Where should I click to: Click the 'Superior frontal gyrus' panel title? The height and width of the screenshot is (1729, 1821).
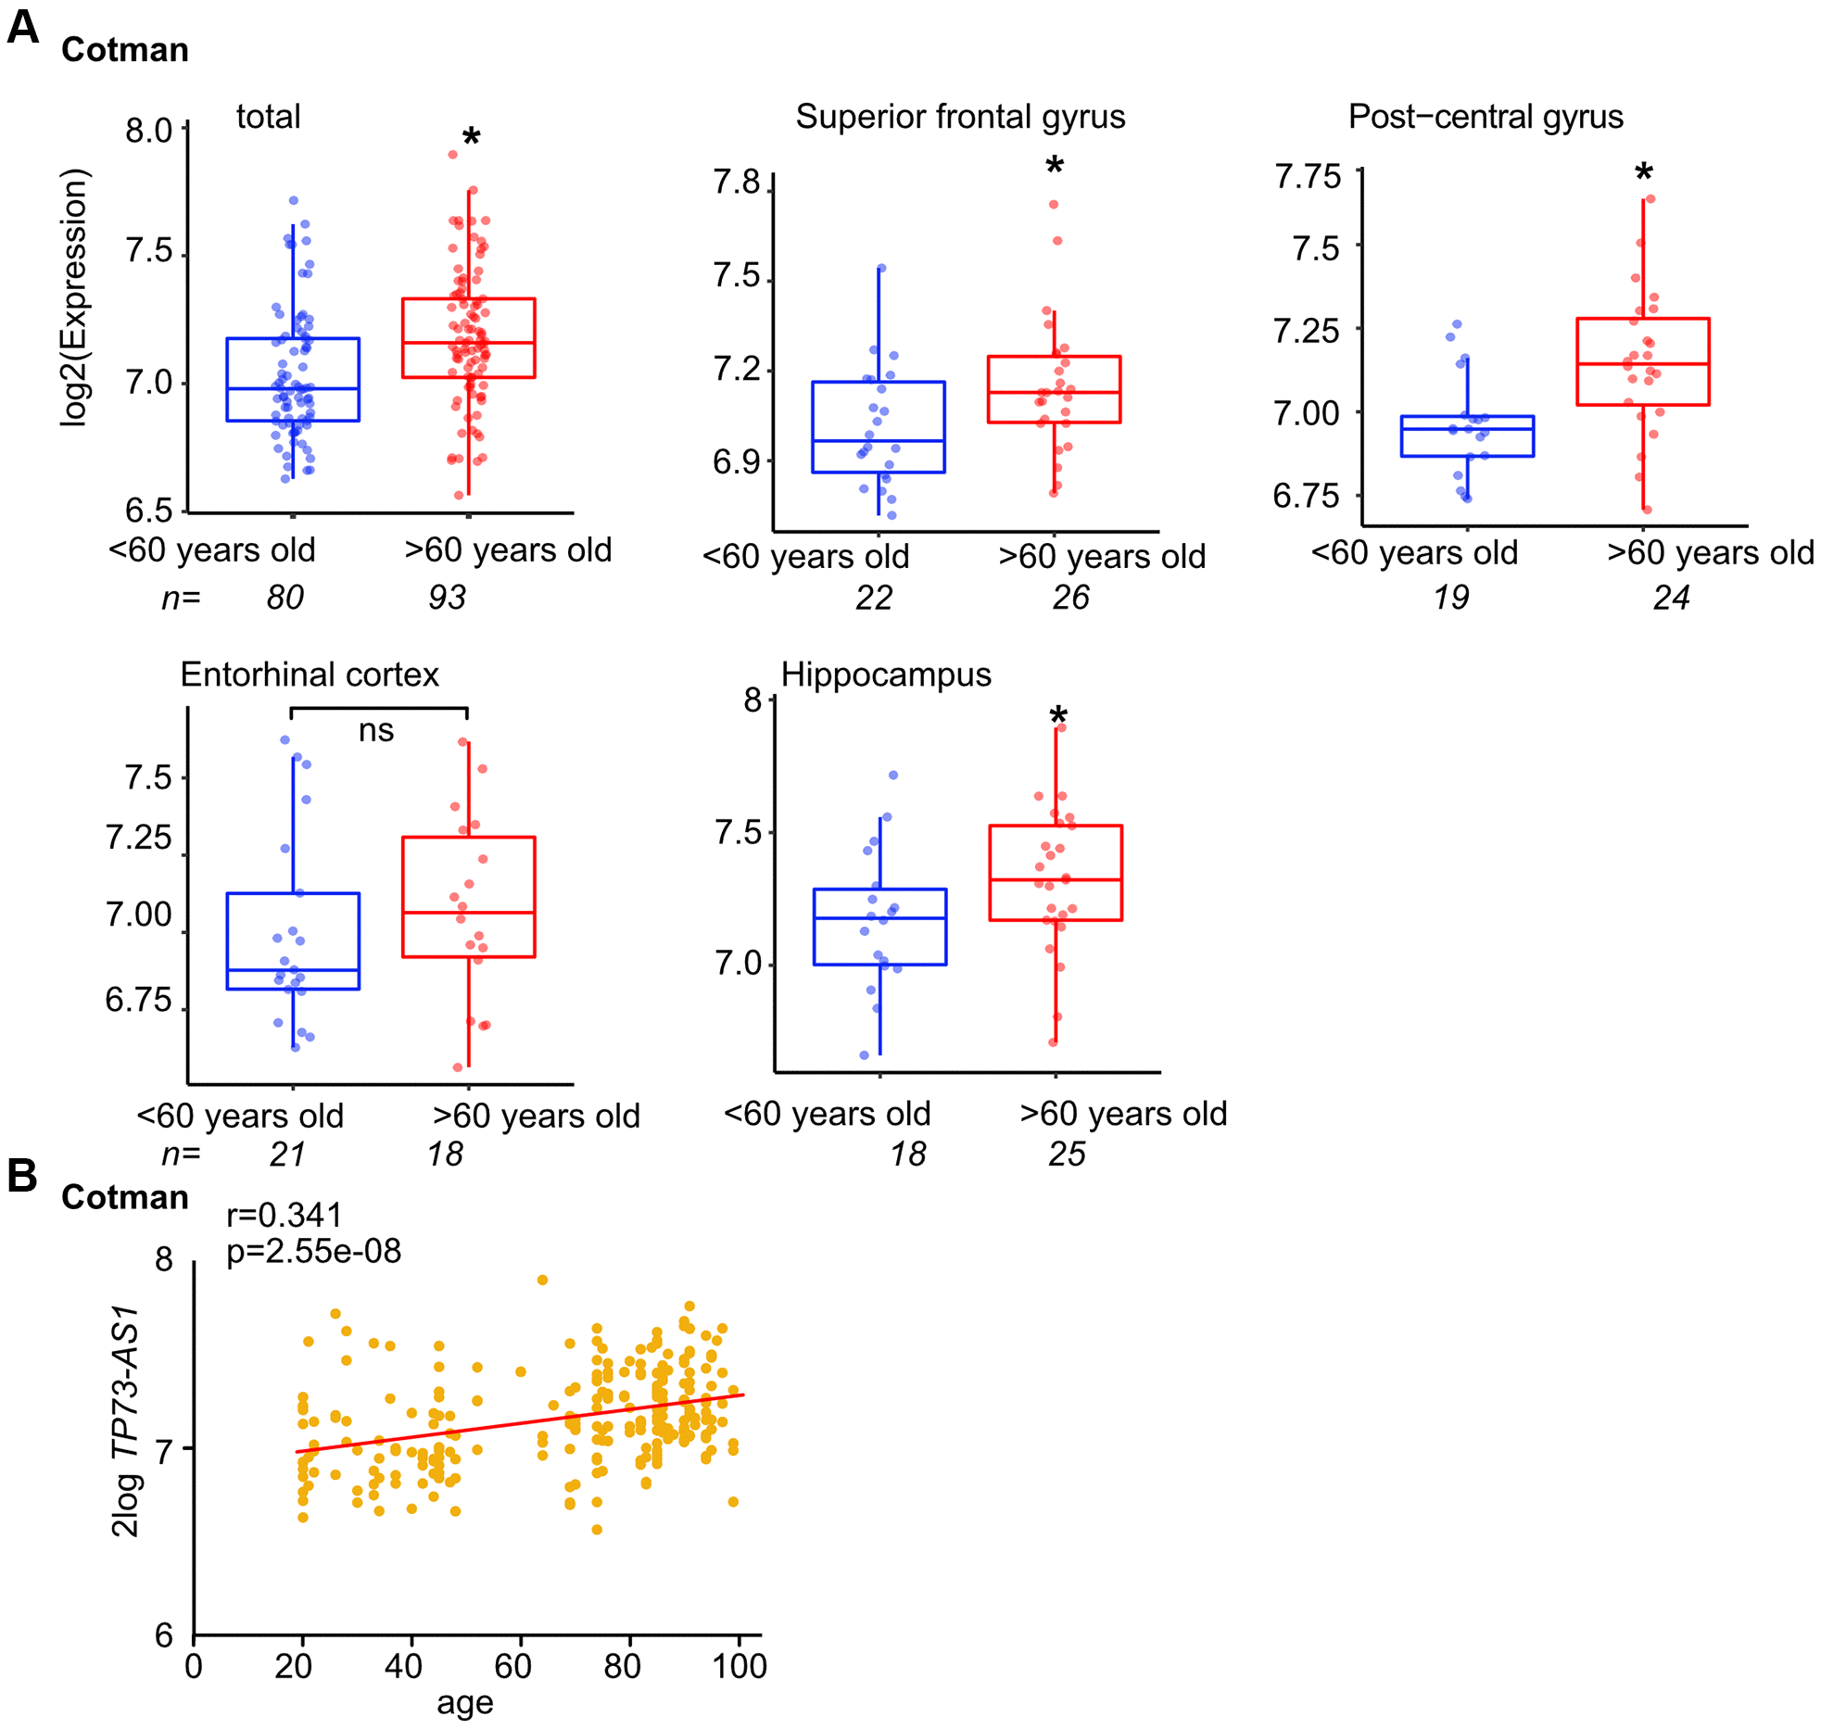click(960, 117)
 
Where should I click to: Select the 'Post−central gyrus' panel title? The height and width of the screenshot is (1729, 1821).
click(1485, 117)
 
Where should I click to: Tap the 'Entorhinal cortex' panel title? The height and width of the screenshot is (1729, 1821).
click(310, 675)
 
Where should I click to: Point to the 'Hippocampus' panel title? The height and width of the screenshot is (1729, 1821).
click(886, 675)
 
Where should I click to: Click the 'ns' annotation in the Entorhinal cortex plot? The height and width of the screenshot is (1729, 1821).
click(376, 731)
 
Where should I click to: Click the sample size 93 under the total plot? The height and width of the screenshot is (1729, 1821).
click(447, 598)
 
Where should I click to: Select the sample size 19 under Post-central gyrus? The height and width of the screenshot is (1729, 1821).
click(1451, 598)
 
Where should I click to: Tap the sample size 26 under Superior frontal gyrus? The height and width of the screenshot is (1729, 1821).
click(1070, 598)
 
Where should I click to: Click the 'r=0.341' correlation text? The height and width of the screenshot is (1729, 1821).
click(285, 1215)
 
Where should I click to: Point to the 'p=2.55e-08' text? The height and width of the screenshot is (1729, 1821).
click(314, 1252)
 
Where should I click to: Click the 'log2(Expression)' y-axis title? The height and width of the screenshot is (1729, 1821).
click(74, 297)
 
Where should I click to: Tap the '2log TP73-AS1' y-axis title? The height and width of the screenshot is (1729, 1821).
click(125, 1421)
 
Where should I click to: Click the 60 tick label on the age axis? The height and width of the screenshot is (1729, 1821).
click(512, 1665)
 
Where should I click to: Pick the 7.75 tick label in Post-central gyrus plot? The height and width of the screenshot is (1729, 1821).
click(1307, 176)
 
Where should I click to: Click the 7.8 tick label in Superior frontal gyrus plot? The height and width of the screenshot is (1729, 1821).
click(737, 183)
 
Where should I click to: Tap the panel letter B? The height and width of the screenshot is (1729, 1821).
click(22, 1176)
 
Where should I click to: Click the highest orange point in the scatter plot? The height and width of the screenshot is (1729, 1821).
click(543, 1280)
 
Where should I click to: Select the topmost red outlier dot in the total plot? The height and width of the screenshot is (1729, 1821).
click(453, 155)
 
